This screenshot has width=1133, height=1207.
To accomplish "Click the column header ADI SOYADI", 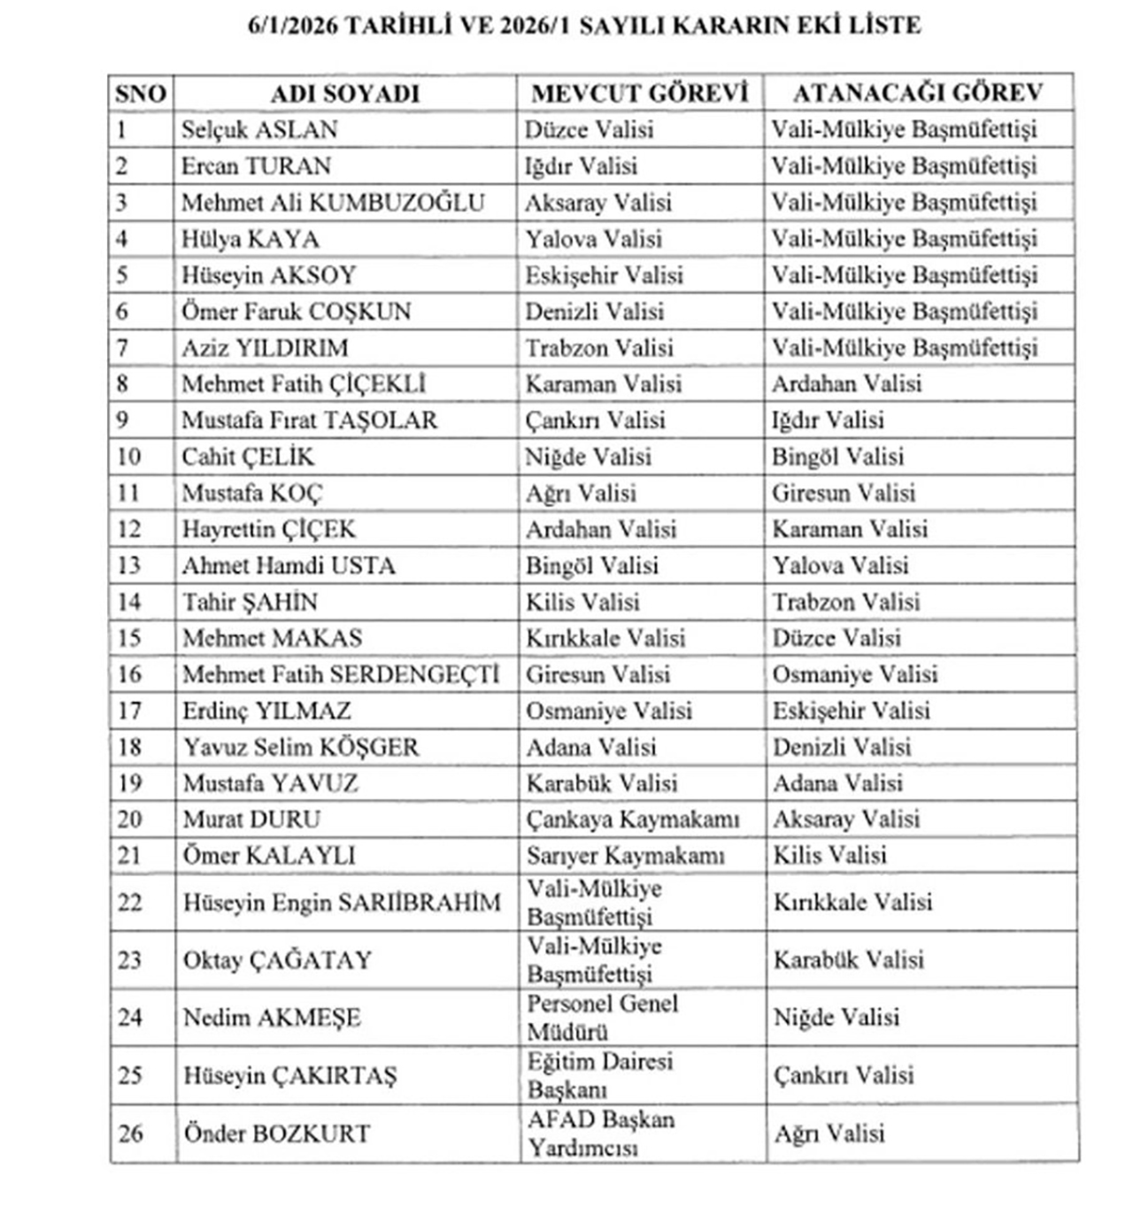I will pyautogui.click(x=344, y=94).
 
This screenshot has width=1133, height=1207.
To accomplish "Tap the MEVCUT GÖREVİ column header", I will pyautogui.click(x=639, y=94).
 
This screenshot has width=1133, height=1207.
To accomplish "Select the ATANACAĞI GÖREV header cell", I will pyautogui.click(x=918, y=94).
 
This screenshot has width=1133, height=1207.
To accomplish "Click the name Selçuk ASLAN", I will pyautogui.click(x=259, y=130).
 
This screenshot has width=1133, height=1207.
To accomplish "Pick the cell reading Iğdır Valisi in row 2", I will pyautogui.click(x=581, y=166).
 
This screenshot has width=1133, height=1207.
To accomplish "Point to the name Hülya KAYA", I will pyautogui.click(x=250, y=239).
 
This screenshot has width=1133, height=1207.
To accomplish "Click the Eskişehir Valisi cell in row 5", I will pyautogui.click(x=604, y=275).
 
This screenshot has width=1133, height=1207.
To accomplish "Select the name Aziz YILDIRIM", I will pyautogui.click(x=265, y=348).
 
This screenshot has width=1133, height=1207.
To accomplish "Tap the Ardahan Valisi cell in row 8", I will pyautogui.click(x=846, y=384).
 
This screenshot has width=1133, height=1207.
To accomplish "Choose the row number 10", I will pyautogui.click(x=129, y=457).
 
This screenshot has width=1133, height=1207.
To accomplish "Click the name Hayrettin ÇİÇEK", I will pyautogui.click(x=269, y=529).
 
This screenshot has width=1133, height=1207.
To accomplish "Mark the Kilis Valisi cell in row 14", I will pyautogui.click(x=582, y=602).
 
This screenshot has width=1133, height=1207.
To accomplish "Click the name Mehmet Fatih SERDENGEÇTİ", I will pyautogui.click(x=341, y=674).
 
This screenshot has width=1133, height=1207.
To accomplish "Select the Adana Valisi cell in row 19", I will pyautogui.click(x=837, y=783).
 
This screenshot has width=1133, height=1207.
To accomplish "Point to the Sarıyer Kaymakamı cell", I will pyautogui.click(x=625, y=856).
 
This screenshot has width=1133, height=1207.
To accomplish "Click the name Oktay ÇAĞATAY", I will pyautogui.click(x=277, y=960).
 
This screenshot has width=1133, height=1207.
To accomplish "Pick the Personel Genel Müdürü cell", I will pyautogui.click(x=602, y=1018).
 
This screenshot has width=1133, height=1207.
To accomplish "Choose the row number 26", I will pyautogui.click(x=130, y=1134).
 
